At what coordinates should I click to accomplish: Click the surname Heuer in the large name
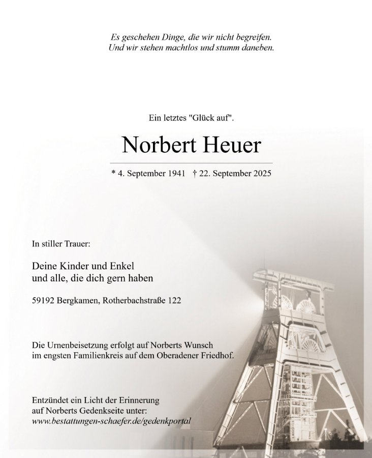(233, 146)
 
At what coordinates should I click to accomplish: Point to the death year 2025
(260, 174)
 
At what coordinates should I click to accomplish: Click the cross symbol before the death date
(195, 174)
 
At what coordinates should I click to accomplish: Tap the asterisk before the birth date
(113, 173)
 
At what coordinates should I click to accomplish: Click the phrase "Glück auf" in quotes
(210, 118)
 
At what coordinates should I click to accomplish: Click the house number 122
(174, 301)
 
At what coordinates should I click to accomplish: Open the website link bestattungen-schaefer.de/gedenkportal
(111, 421)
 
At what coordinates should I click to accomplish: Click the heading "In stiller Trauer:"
(61, 244)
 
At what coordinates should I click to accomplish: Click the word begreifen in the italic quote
(254, 37)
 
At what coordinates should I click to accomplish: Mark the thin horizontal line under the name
(191, 163)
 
